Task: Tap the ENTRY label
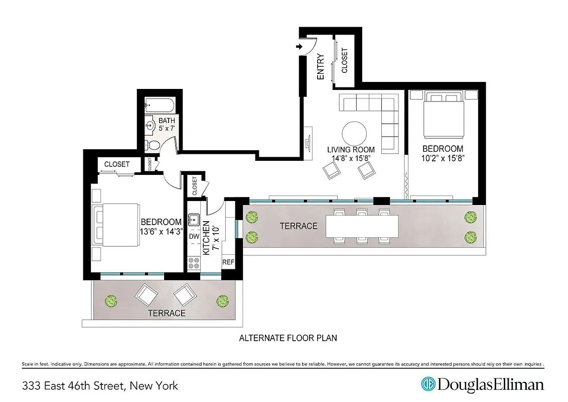point(321,66)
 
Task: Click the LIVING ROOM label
point(351,150)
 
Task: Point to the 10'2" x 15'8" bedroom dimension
point(443,159)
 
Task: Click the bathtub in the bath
point(159,106)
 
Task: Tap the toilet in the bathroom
point(155,145)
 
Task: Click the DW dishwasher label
point(194,236)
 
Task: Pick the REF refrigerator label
point(228,262)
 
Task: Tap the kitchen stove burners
point(194,262)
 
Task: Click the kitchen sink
point(194,220)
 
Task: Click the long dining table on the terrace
point(362,226)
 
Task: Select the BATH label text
point(167,121)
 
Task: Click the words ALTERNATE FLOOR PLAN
point(288,338)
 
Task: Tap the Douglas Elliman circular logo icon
point(428,384)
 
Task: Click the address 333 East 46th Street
point(100,386)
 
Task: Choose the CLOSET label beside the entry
point(345,61)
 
